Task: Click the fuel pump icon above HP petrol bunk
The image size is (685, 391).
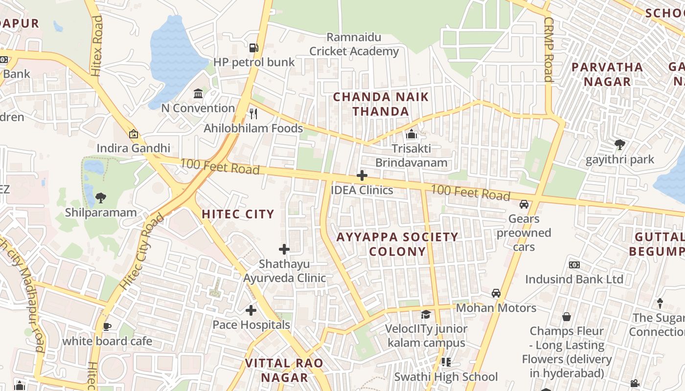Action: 253,47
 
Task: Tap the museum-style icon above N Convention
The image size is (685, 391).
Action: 198,93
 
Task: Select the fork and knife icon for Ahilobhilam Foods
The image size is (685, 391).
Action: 253,113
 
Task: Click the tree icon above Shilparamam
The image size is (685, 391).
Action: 101,197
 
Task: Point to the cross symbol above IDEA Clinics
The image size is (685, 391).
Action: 362,175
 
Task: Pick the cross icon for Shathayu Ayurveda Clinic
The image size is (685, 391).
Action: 284,249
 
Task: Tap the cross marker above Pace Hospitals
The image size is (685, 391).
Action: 251,310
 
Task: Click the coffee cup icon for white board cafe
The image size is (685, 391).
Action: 107,326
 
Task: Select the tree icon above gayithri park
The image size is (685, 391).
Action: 619,144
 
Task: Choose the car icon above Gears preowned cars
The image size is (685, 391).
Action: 524,204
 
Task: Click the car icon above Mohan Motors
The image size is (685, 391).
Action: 496,293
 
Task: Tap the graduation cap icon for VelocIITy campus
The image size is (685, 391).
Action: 426,314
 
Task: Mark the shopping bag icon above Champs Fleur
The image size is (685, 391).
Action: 566,316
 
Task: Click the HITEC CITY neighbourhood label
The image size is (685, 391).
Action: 238,214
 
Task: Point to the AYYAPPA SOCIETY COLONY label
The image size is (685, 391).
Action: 397,244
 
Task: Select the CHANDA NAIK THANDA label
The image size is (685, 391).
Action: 381,104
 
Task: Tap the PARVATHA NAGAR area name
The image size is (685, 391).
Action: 607,74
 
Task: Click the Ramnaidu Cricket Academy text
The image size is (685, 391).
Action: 354,44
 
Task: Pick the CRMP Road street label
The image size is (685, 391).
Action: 548,49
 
